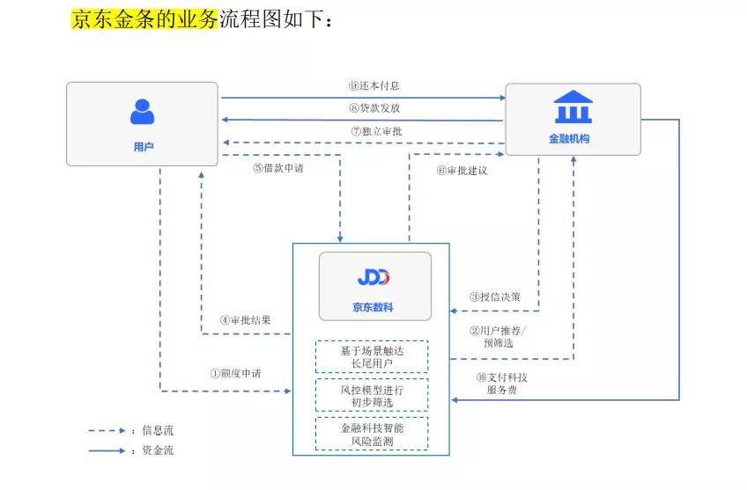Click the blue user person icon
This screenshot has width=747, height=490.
coord(142,111)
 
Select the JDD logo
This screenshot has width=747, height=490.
coord(373,278)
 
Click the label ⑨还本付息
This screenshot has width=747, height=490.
coord(374,86)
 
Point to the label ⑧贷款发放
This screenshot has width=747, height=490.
coord(374,108)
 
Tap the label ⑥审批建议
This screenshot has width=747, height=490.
coord(462,170)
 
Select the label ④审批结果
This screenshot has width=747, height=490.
coord(246,320)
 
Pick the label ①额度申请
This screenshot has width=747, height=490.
coord(235,373)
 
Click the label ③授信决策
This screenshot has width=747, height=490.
coord(494,297)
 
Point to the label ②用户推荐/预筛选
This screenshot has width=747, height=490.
coord(498,337)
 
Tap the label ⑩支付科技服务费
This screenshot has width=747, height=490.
coord(501,384)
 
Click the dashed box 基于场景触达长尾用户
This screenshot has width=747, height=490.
coord(372,356)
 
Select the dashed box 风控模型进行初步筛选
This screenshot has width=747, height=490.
coord(372,395)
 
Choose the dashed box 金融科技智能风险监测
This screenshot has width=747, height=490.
coord(372,433)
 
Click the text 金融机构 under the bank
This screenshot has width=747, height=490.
coord(569,139)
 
